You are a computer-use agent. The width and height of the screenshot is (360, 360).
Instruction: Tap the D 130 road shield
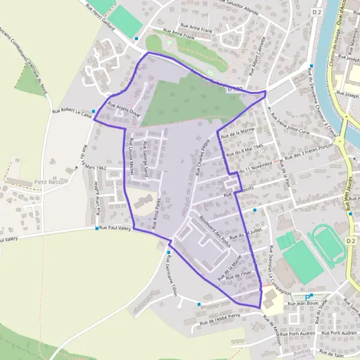(x=236, y=88)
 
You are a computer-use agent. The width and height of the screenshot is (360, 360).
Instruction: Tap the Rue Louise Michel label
(x=130, y=158)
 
